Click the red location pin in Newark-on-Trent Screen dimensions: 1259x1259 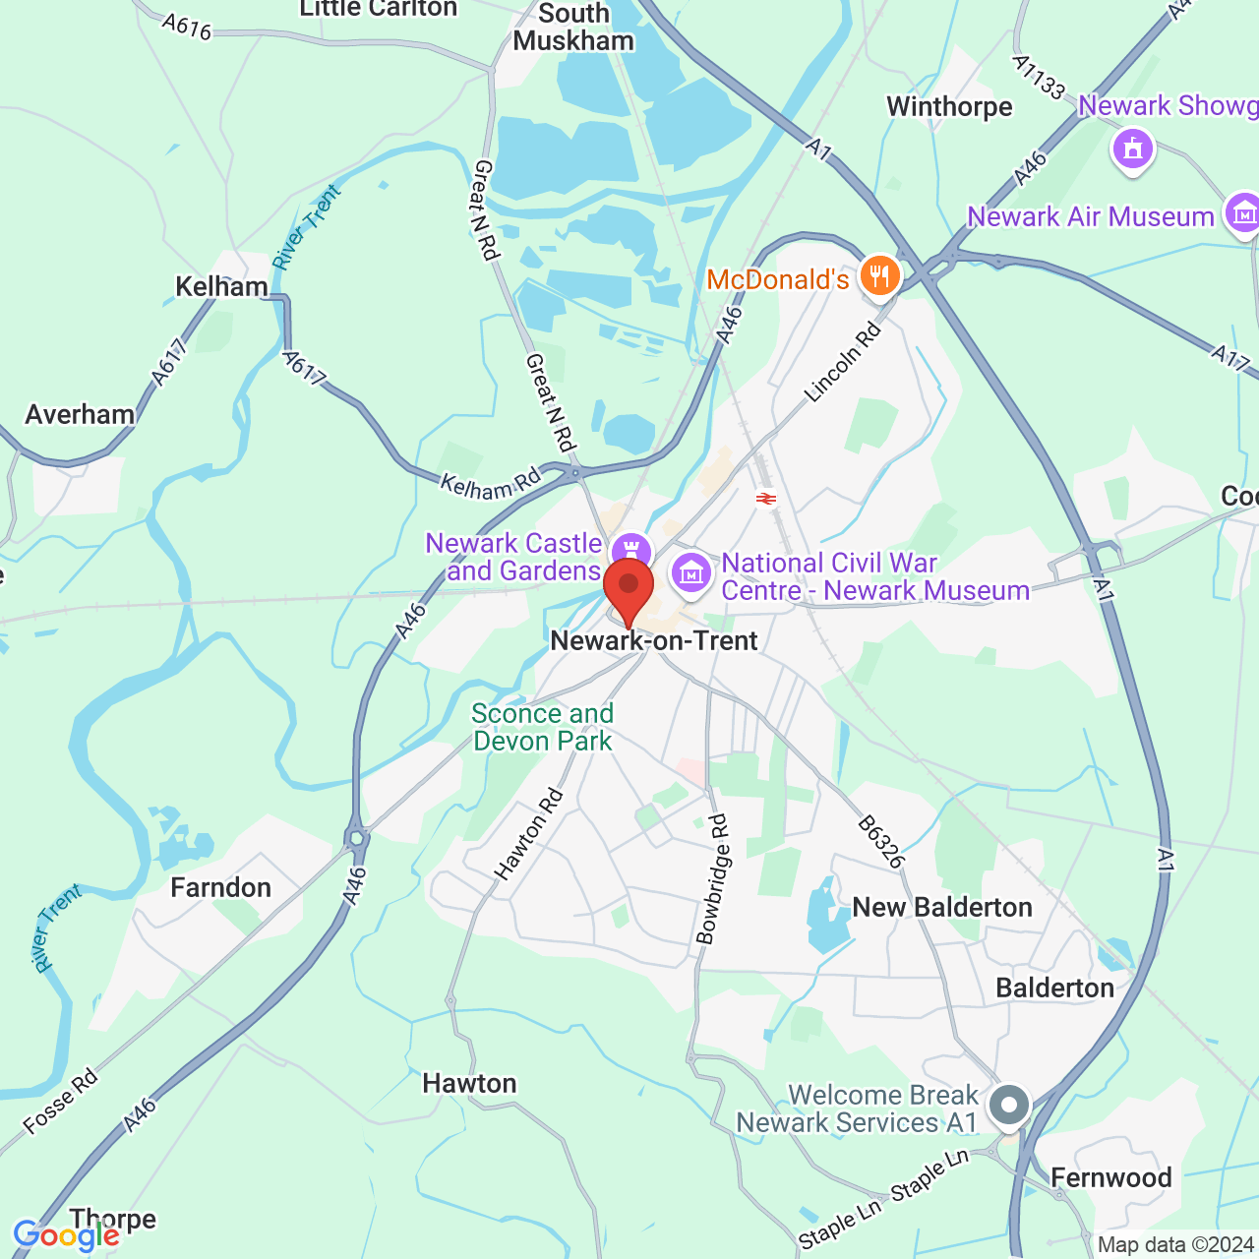[x=629, y=589]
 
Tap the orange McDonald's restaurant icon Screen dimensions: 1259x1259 [x=879, y=275]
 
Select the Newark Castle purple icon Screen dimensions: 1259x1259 [x=630, y=551]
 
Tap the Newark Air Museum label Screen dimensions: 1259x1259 [x=1090, y=216]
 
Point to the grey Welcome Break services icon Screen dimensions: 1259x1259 [x=1008, y=1105]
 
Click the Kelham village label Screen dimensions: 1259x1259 [x=221, y=286]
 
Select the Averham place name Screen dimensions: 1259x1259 [x=80, y=414]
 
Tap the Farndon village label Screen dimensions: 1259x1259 [x=220, y=887]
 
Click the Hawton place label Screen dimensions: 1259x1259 [x=469, y=1083]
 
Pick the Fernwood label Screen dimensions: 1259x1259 [x=1110, y=1177]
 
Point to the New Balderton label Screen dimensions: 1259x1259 [x=942, y=907]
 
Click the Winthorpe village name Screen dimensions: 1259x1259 [x=949, y=106]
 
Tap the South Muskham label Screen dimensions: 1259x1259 [x=573, y=28]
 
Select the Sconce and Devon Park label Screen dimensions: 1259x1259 [x=542, y=727]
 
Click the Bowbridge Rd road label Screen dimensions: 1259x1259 [x=713, y=879]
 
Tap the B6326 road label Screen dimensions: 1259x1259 [x=880, y=842]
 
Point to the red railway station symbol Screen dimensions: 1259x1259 [x=766, y=499]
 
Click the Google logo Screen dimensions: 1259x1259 [x=66, y=1235]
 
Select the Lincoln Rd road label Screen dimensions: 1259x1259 [x=843, y=363]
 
